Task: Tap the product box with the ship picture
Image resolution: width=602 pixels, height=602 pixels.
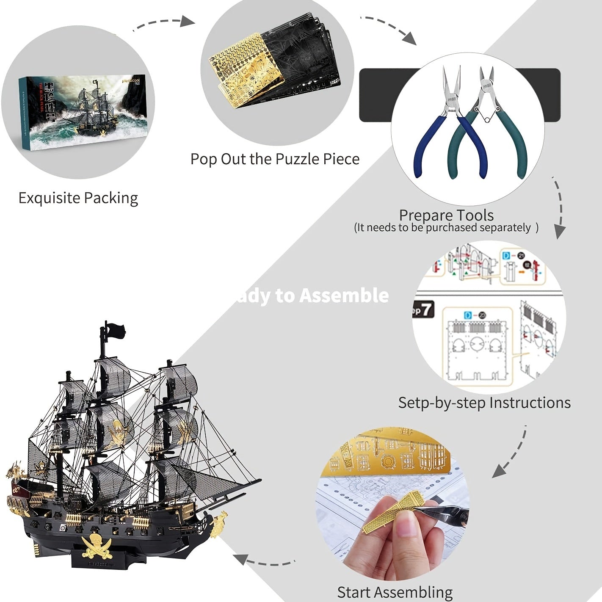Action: pyautogui.click(x=83, y=112)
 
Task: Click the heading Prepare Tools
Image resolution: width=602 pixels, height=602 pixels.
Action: pyautogui.click(x=446, y=215)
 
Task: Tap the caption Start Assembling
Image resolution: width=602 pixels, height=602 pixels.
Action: pyautogui.click(x=395, y=592)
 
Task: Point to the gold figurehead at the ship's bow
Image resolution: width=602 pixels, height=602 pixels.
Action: pyautogui.click(x=219, y=523)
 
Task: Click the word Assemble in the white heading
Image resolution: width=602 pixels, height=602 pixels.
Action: pyautogui.click(x=344, y=295)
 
